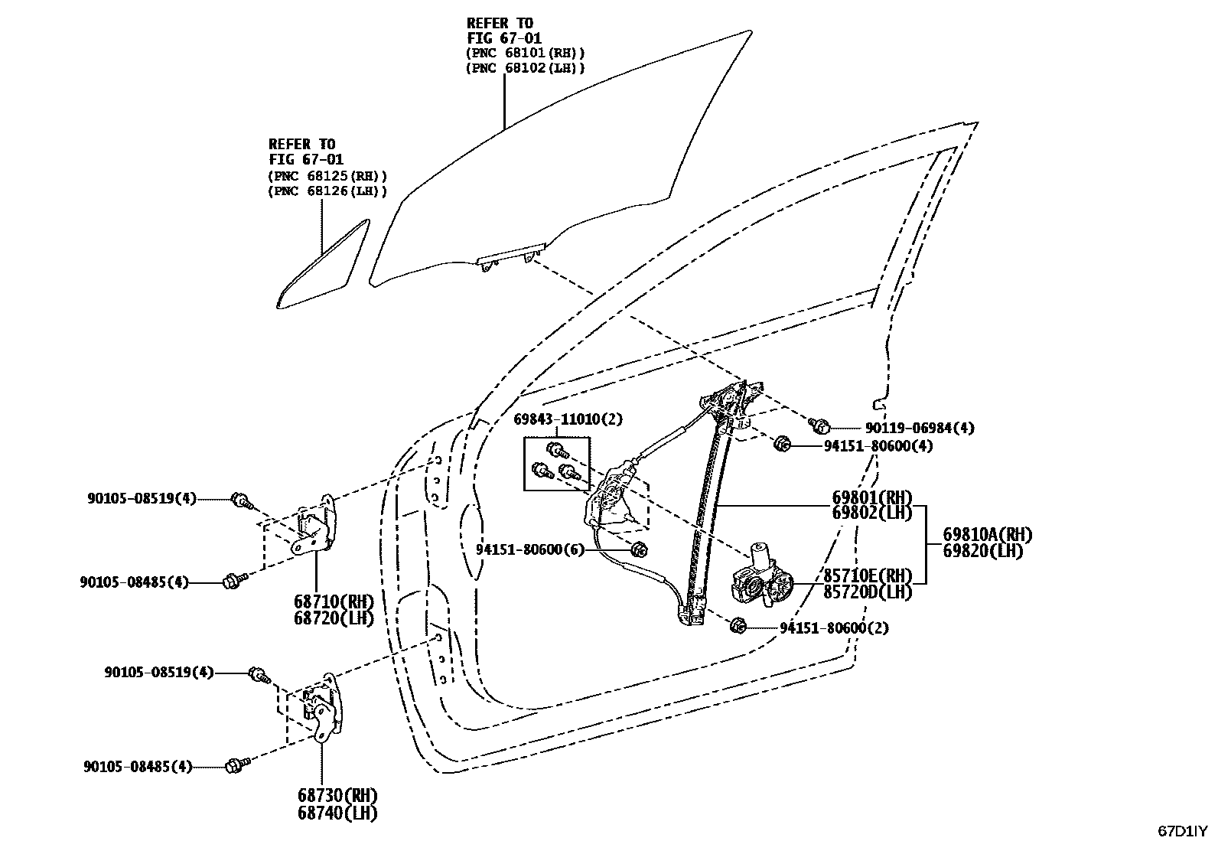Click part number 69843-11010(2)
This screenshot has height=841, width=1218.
tap(568, 419)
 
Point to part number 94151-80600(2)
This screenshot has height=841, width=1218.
tap(834, 628)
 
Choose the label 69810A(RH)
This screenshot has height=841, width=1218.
tap(987, 535)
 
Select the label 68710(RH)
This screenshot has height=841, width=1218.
tap(333, 601)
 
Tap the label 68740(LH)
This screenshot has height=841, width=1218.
tap(337, 813)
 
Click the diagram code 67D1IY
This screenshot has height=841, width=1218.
tap(1182, 830)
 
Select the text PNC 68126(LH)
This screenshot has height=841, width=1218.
tap(327, 191)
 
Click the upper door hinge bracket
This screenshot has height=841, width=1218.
tap(315, 528)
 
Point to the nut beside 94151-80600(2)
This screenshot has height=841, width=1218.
tap(738, 625)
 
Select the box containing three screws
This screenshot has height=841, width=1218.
tap(556, 463)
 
